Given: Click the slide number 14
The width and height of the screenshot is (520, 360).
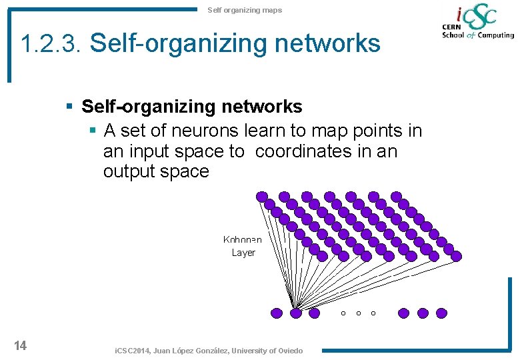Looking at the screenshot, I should pos(20,345).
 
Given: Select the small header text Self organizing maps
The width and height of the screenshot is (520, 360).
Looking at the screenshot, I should pos(245,10).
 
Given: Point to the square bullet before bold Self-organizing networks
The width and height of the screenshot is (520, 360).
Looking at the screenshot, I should pos(69,107).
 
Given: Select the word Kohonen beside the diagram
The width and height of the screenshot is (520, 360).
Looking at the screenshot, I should pos(243,239).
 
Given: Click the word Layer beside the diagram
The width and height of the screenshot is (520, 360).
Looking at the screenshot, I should pos(243,253).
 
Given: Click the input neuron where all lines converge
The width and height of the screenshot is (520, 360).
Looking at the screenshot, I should pos(296,312).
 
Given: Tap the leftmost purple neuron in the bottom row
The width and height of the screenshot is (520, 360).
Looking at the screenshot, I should pos(277,312).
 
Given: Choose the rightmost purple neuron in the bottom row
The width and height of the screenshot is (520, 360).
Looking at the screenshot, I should pos(441,312).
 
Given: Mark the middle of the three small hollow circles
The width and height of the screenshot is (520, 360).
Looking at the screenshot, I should pos(359,313).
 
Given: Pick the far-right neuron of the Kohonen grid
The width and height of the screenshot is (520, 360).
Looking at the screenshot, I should pos(456,255).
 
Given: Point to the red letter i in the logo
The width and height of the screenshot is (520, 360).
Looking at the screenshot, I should pos(459,14).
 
